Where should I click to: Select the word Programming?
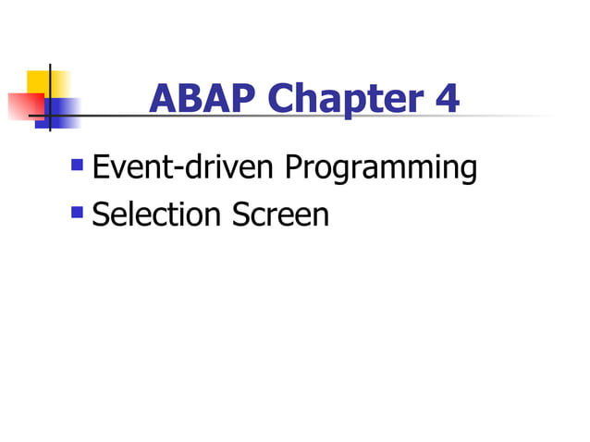point(381,169)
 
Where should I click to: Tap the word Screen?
point(280,215)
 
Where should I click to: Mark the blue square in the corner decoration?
point(61,112)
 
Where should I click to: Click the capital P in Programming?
point(294,167)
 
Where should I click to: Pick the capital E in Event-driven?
point(103,167)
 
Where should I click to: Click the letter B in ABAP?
point(187,99)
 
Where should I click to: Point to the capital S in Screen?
point(240,215)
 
